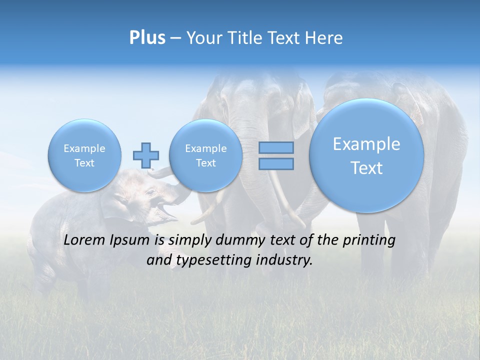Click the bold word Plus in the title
click(x=147, y=38)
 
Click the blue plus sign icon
click(x=146, y=155)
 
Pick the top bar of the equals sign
click(x=276, y=147)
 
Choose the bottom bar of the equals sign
click(x=276, y=163)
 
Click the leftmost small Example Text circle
click(x=84, y=155)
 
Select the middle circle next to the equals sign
click(x=205, y=155)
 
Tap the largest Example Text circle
click(x=366, y=155)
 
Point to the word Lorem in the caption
click(x=85, y=240)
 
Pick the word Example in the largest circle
click(x=366, y=144)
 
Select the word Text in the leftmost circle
click(x=84, y=163)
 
